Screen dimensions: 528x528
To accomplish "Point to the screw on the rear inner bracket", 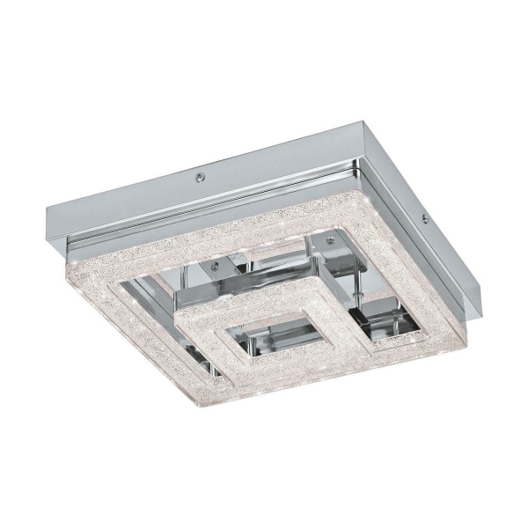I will (x=329, y=239).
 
